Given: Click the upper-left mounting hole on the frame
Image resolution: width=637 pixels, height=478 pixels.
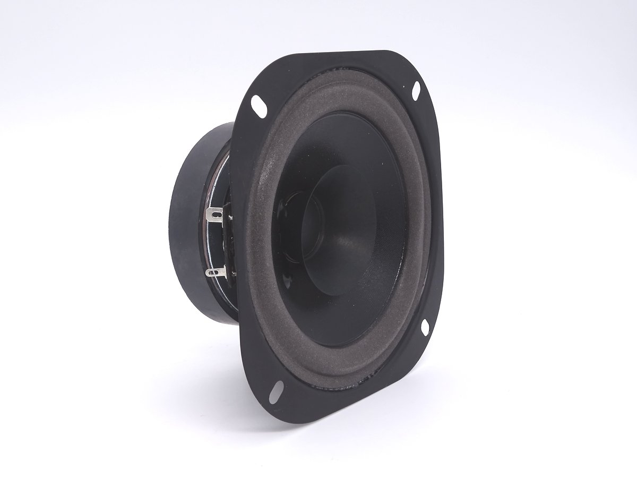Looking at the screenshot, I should click(260, 105).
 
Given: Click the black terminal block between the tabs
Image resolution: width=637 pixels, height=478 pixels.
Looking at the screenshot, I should click(229, 244).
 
